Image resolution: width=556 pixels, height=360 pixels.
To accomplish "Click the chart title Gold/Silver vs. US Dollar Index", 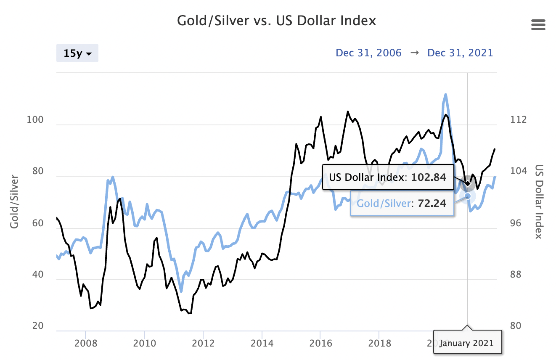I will tap(276, 21).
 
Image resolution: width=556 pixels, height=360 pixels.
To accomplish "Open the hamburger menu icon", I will tap(538, 25).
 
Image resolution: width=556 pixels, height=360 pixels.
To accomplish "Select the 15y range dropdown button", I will tap(77, 53).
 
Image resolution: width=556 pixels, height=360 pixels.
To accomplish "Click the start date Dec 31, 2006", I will tap(368, 53).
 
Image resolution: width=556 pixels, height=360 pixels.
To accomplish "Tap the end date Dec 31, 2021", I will tap(460, 53).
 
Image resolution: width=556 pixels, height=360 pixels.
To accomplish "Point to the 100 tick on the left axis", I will tap(35, 120).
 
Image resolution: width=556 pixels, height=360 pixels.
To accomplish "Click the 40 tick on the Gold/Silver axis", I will tap(38, 275).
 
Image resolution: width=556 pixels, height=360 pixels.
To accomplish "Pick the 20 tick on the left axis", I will tap(38, 326).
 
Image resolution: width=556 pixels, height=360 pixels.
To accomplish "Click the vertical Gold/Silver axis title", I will tap(15, 201).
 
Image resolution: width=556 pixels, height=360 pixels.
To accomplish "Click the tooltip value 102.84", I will tap(429, 177).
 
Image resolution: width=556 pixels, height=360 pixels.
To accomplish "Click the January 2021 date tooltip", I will tap(467, 343).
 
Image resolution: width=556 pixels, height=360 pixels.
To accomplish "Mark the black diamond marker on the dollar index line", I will tap(467, 183).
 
